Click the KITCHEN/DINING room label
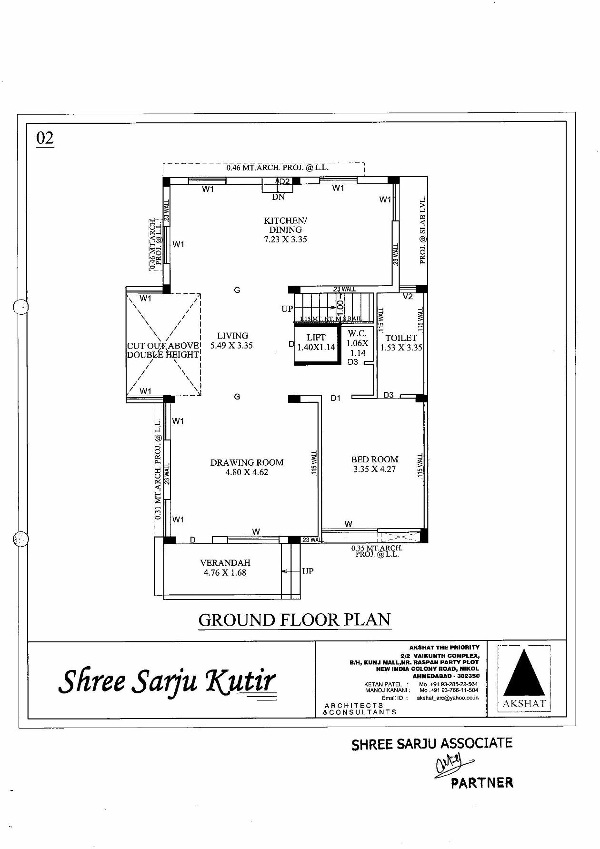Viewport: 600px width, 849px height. [285, 230]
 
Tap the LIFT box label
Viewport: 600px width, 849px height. [316, 342]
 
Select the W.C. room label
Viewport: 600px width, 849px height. [357, 343]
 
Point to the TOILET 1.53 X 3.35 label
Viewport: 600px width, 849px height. [401, 342]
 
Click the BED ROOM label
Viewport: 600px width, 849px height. [375, 464]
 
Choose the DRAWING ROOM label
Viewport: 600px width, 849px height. [247, 467]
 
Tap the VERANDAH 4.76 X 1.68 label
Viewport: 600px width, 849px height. [225, 568]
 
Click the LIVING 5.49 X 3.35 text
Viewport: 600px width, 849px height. [232, 340]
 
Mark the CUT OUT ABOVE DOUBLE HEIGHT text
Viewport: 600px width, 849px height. [163, 350]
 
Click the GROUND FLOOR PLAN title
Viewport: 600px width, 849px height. [295, 620]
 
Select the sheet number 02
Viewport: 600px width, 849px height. [45, 138]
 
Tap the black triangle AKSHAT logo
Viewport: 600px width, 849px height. [524, 673]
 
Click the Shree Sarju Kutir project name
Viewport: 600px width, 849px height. [167, 681]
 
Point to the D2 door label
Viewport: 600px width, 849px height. [284, 181]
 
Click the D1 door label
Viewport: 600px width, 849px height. [336, 398]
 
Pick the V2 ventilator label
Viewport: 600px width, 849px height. [408, 296]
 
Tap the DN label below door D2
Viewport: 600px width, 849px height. [278, 197]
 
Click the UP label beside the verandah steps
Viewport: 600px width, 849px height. [308, 571]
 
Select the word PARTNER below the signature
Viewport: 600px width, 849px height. [482, 782]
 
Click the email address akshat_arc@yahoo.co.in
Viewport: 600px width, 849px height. [448, 698]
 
